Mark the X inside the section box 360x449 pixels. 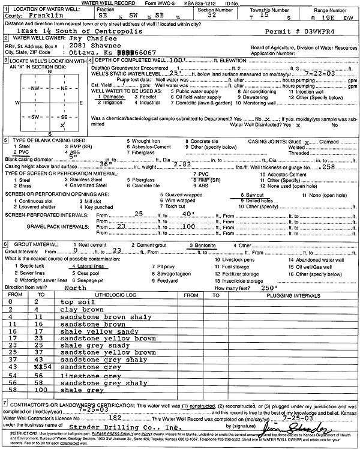[62, 124]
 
